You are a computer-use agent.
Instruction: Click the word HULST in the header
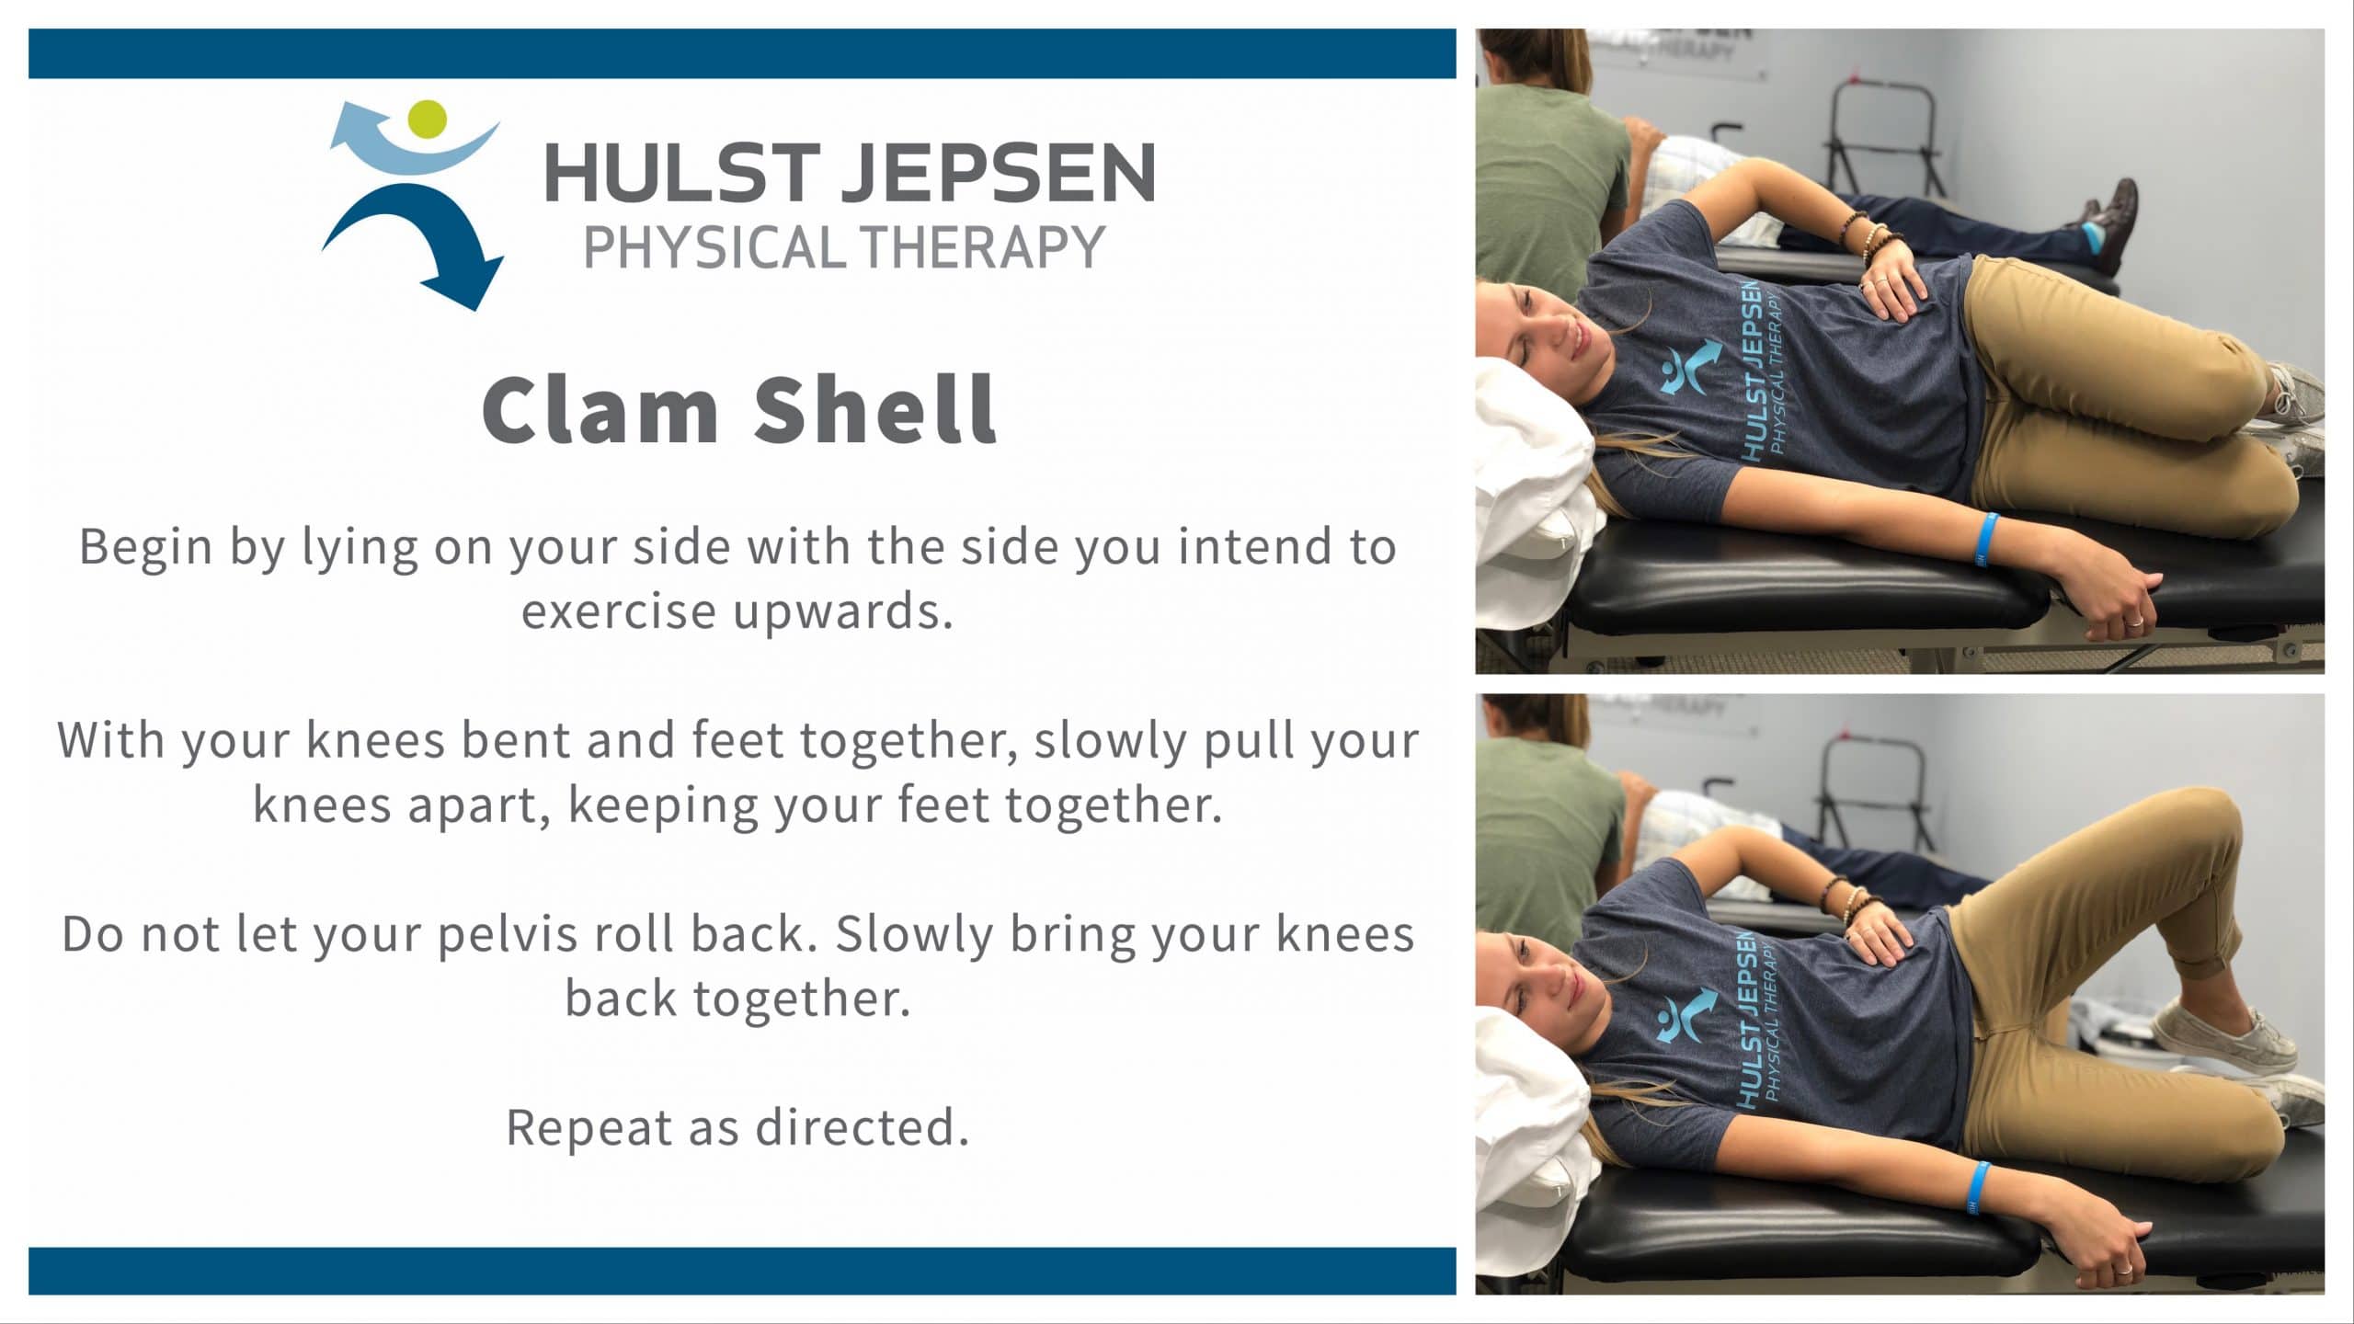coord(680,172)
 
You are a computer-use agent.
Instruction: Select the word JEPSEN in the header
coord(999,172)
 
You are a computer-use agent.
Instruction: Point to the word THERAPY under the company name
coord(981,247)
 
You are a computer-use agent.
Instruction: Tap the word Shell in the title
coord(875,409)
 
